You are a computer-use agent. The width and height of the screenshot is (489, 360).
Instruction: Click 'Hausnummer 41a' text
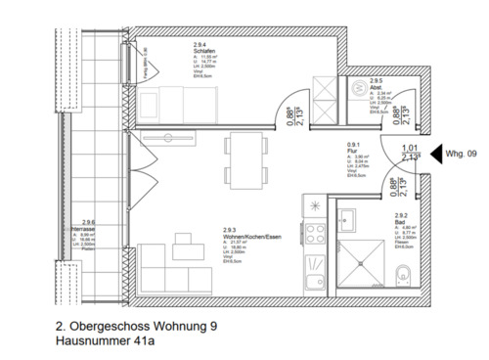tap(106, 341)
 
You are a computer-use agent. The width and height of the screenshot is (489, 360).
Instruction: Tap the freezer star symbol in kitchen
tap(315, 204)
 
